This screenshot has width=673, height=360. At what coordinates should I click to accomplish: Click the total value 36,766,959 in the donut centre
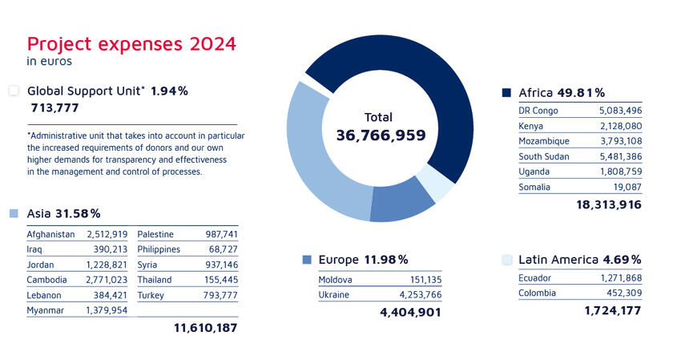(x=381, y=136)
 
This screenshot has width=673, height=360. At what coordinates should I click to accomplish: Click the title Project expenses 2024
(x=131, y=43)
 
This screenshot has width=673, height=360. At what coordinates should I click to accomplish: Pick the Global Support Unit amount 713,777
(x=54, y=108)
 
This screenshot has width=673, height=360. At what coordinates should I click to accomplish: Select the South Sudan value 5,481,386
(x=619, y=156)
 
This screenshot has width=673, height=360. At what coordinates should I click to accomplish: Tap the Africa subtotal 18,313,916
(x=609, y=205)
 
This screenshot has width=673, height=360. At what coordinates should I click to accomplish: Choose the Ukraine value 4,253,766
(x=419, y=295)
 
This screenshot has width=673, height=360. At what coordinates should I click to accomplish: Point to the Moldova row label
(x=335, y=280)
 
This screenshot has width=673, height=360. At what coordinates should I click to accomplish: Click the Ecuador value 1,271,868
(x=619, y=277)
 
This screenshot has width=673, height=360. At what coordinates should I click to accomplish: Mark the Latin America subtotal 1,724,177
(x=613, y=309)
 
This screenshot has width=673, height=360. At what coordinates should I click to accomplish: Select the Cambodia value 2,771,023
(x=107, y=279)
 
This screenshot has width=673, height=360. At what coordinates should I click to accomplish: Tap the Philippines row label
(x=159, y=249)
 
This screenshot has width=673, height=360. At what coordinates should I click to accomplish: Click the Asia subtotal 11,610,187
(x=205, y=327)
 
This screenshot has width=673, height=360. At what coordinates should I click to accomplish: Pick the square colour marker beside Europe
(x=307, y=260)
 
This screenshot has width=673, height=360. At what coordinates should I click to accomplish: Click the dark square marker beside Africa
(x=506, y=93)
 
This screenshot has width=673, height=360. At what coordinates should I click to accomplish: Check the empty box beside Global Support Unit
(x=14, y=91)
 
